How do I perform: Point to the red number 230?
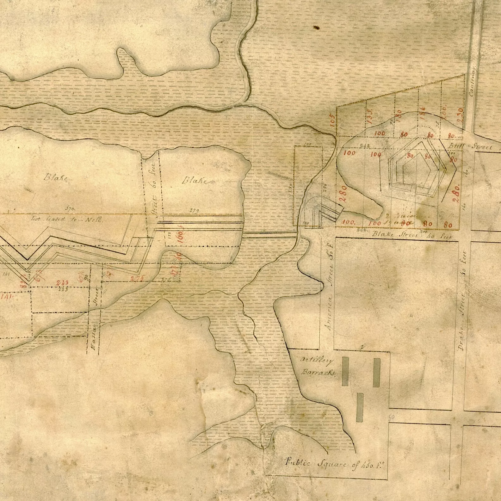(x=460, y=113)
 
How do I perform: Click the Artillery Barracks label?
(x=318, y=366)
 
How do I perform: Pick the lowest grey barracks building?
(x=360, y=407)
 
